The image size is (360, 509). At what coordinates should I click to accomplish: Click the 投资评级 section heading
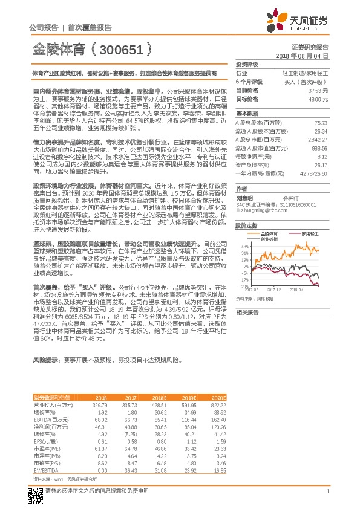[x=247, y=63]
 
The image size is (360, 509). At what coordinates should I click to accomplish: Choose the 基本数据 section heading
[x=247, y=113]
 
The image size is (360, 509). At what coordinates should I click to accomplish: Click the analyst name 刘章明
[x=244, y=197]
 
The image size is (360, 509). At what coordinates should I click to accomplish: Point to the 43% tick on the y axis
[x=244, y=246]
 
